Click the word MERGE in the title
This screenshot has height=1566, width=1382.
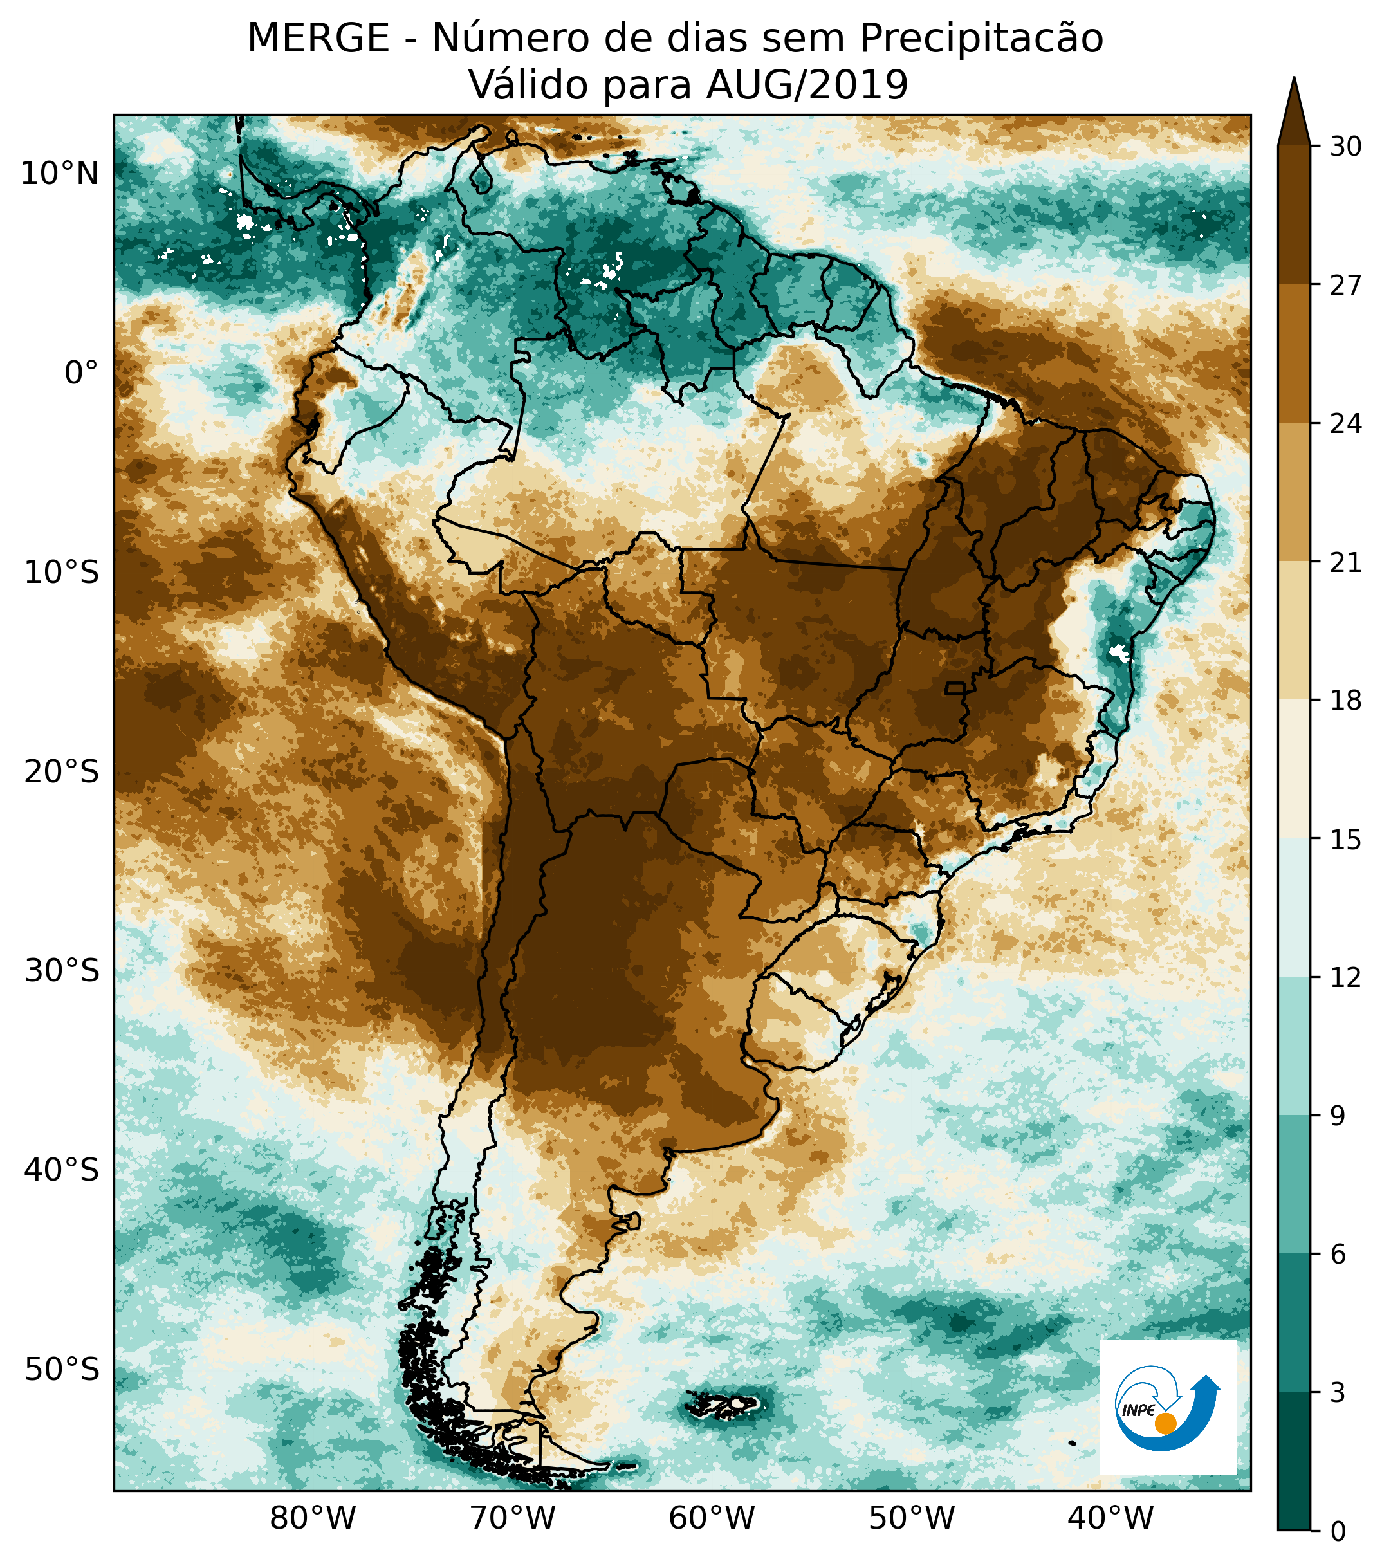pyautogui.click(x=318, y=39)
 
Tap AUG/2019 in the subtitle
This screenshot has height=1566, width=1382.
pyautogui.click(x=807, y=85)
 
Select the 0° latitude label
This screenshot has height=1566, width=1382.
pyautogui.click(x=81, y=373)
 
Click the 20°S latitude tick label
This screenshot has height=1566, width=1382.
pyautogui.click(x=61, y=771)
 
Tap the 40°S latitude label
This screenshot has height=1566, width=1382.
pyautogui.click(x=61, y=1170)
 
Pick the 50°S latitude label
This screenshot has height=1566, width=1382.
pyautogui.click(x=61, y=1369)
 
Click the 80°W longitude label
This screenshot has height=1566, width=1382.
pyautogui.click(x=313, y=1517)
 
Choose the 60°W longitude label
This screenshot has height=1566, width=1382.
pyautogui.click(x=712, y=1517)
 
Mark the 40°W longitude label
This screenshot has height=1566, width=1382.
pyautogui.click(x=1110, y=1517)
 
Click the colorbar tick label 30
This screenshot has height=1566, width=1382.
pyautogui.click(x=1345, y=146)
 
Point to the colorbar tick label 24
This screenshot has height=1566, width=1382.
pyautogui.click(x=1345, y=424)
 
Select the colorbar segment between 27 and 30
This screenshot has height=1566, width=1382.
pyautogui.click(x=1294, y=214)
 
